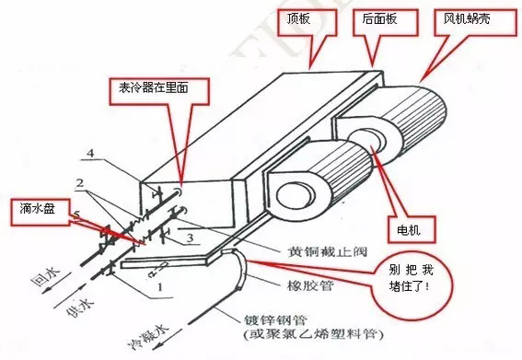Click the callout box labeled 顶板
307,22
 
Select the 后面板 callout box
386,22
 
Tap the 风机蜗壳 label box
475,22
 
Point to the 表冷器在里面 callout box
160,91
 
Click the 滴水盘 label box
41,212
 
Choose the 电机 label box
412,229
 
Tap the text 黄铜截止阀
327,251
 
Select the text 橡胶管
310,285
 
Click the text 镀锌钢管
275,320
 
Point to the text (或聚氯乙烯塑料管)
313,334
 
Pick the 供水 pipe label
81,306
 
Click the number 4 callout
90,154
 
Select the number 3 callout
190,238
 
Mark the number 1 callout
160,286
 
